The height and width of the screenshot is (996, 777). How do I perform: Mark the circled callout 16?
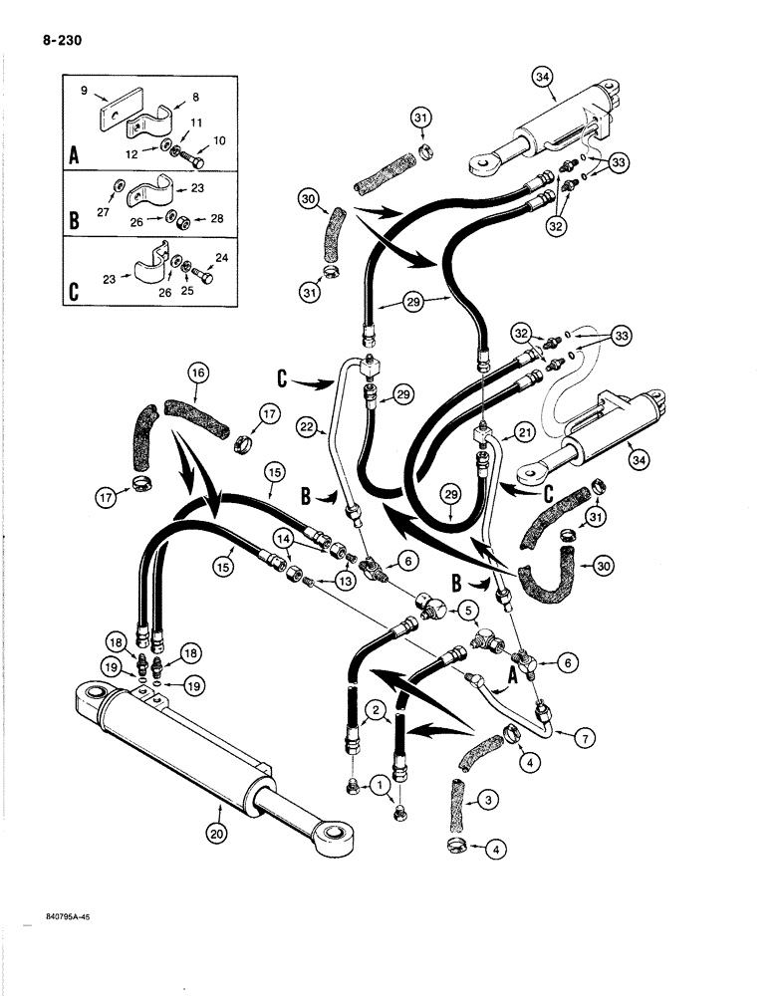[x=196, y=374]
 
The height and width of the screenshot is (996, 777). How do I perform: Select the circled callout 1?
[x=380, y=787]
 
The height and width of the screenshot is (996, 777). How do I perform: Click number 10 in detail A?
[x=220, y=139]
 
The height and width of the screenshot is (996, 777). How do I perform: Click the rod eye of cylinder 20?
[x=331, y=833]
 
